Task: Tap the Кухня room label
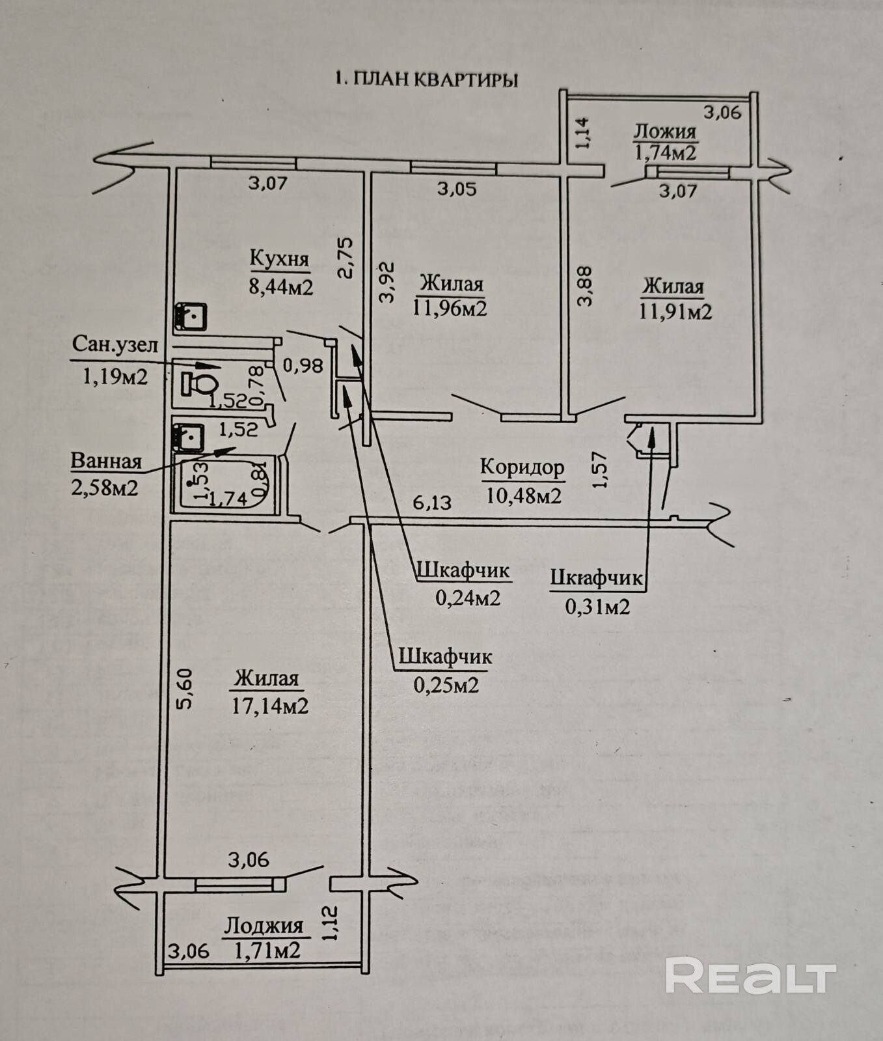tap(279, 258)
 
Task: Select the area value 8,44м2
tap(281, 286)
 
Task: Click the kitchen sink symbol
tap(190, 317)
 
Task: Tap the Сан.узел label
tap(115, 344)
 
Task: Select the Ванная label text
tap(106, 461)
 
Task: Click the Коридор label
tap(522, 467)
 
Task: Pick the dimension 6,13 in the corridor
tap(432, 502)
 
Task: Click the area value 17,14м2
tap(270, 706)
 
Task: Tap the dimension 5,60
tap(185, 689)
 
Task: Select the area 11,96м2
tap(450, 307)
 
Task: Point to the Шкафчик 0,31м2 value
tap(597, 607)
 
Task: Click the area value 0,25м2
tap(446, 685)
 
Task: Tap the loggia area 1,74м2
tap(665, 153)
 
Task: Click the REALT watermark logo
tap(750, 976)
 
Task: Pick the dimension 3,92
tap(387, 282)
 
